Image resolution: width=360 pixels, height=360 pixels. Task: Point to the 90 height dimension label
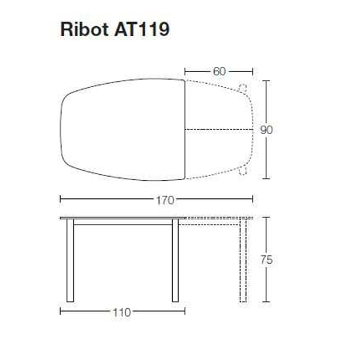tap(266, 130)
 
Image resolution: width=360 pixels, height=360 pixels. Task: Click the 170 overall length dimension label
tap(156, 200)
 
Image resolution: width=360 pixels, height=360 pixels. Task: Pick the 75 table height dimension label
tap(266, 260)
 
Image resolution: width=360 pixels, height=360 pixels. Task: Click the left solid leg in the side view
tap(70, 262)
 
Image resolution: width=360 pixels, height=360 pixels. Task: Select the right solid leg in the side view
tap(175, 262)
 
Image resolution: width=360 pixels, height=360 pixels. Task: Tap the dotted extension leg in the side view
tap(243, 262)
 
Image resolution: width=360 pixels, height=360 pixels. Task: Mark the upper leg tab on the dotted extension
tap(243, 88)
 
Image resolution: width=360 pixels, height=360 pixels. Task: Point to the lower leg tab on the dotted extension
tap(243, 171)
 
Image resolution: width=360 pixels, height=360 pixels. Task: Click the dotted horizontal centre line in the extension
tap(219, 130)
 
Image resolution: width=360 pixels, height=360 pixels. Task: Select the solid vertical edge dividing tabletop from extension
tap(185, 130)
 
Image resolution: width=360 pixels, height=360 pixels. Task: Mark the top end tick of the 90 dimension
tap(266, 81)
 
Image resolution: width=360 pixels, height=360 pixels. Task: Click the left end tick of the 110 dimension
tap(60, 312)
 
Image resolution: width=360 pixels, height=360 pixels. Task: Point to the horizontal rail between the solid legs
tap(122, 224)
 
